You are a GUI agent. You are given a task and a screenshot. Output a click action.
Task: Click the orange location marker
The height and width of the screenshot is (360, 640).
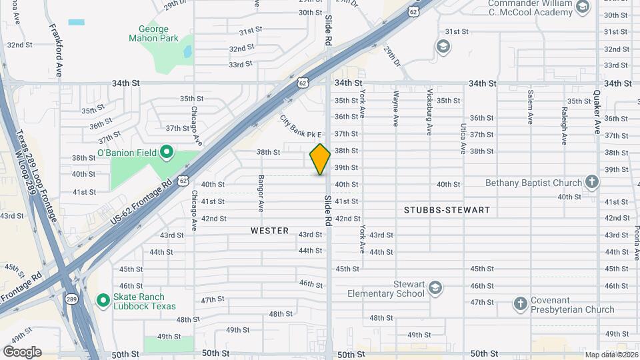click(320, 159)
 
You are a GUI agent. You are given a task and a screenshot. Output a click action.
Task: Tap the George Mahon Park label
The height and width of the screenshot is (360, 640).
click(154, 33)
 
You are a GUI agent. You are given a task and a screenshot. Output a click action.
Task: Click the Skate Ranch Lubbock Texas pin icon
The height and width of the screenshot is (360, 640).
click(103, 301)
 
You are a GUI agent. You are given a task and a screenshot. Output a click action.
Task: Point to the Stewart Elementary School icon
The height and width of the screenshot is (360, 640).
click(435, 288)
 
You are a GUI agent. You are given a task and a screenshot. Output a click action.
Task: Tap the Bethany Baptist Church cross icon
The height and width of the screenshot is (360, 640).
click(591, 182)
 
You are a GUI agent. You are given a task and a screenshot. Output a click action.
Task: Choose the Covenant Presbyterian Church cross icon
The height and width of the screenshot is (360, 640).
click(521, 304)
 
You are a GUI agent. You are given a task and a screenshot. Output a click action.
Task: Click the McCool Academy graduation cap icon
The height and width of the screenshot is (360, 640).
click(583, 7)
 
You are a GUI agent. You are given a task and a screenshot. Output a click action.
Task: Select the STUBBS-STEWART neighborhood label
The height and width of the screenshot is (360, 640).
click(447, 210)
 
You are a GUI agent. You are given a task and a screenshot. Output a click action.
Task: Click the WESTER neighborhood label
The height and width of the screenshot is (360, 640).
click(269, 231)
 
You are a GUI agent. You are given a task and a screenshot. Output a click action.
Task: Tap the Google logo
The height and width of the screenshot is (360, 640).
click(22, 351)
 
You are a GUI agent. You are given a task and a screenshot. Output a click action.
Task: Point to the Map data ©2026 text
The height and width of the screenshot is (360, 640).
click(610, 355)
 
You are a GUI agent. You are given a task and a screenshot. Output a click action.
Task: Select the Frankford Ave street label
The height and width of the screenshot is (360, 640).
click(55, 51)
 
